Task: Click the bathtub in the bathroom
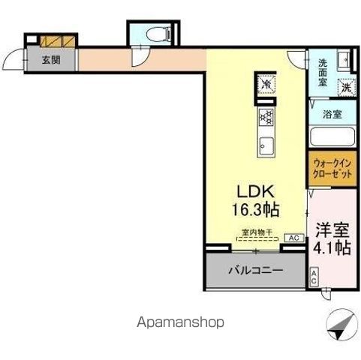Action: [x=332, y=139]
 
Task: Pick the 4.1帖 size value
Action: [x=330, y=248]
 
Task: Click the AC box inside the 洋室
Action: [x=314, y=277]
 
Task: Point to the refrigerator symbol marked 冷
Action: [x=266, y=85]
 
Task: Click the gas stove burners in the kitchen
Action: [x=266, y=116]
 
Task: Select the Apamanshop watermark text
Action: [x=181, y=322]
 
